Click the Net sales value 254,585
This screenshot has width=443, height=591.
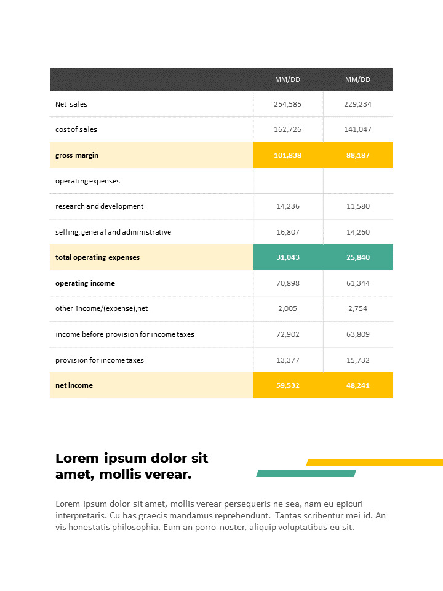(287, 104)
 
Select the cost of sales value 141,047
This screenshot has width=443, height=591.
(357, 129)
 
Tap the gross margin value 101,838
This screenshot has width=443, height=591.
(287, 155)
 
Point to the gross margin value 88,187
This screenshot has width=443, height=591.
(357, 155)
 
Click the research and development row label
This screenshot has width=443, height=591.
(99, 206)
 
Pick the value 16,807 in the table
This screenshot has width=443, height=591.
(287, 232)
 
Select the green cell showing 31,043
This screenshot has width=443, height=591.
(287, 257)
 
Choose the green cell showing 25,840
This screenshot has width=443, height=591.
(357, 257)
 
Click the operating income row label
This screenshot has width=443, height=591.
(85, 283)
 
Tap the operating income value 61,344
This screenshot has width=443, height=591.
(357, 283)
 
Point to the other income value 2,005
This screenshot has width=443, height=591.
(287, 308)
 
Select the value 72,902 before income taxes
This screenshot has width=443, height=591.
(287, 334)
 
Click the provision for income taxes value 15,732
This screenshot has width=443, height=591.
(357, 360)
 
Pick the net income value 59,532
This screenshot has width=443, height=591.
(287, 385)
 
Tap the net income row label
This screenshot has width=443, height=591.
(74, 385)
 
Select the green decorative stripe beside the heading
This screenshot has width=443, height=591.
(306, 473)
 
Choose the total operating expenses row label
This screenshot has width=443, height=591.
(97, 257)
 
